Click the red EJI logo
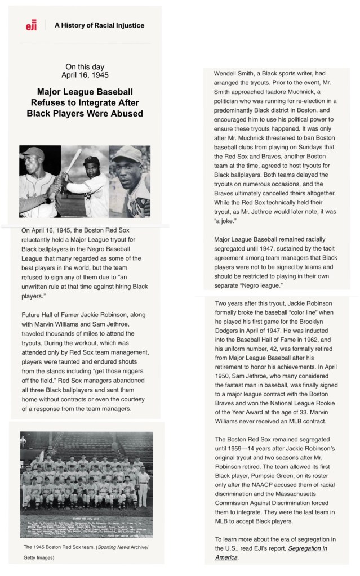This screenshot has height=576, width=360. [x=31, y=25]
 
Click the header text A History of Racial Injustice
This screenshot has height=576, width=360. [x=99, y=25]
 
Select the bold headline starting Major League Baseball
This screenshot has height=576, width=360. [x=85, y=102]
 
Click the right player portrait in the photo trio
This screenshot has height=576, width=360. [x=130, y=181]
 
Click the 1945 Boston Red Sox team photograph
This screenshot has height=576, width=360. [x=87, y=479]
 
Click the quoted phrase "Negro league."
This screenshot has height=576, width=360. [x=265, y=285]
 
